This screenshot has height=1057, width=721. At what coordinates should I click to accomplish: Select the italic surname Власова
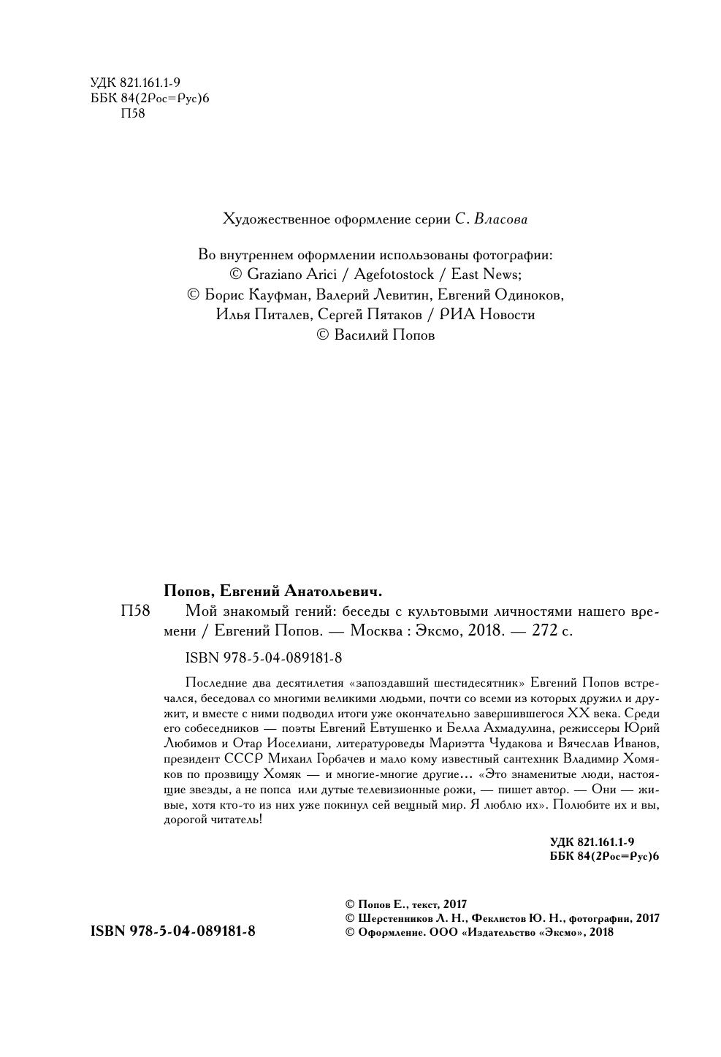[501, 218]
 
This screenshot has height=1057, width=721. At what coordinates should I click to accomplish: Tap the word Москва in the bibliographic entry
[378, 630]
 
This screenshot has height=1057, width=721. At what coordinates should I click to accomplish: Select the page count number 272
[544, 630]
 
